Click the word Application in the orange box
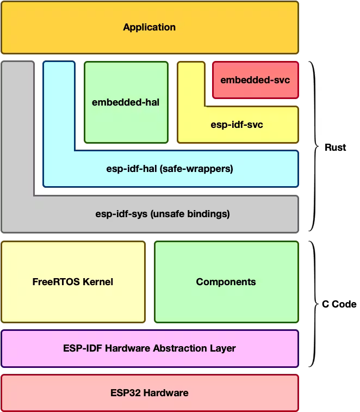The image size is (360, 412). pyautogui.click(x=149, y=27)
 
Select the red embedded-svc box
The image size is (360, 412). pyautogui.click(x=255, y=81)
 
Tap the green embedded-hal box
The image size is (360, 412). pyautogui.click(x=126, y=102)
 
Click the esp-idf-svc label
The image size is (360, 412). pyautogui.click(x=237, y=125)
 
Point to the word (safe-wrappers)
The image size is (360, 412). pyautogui.click(x=196, y=169)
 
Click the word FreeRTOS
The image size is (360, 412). pyautogui.click(x=56, y=282)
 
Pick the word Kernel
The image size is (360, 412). pyautogui.click(x=97, y=282)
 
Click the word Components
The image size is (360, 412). pyautogui.click(x=226, y=282)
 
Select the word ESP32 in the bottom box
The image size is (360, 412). pyautogui.click(x=126, y=393)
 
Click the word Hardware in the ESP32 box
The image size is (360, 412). pyautogui.click(x=166, y=393)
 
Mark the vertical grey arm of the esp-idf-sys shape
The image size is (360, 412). pyautogui.click(x=17, y=131)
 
